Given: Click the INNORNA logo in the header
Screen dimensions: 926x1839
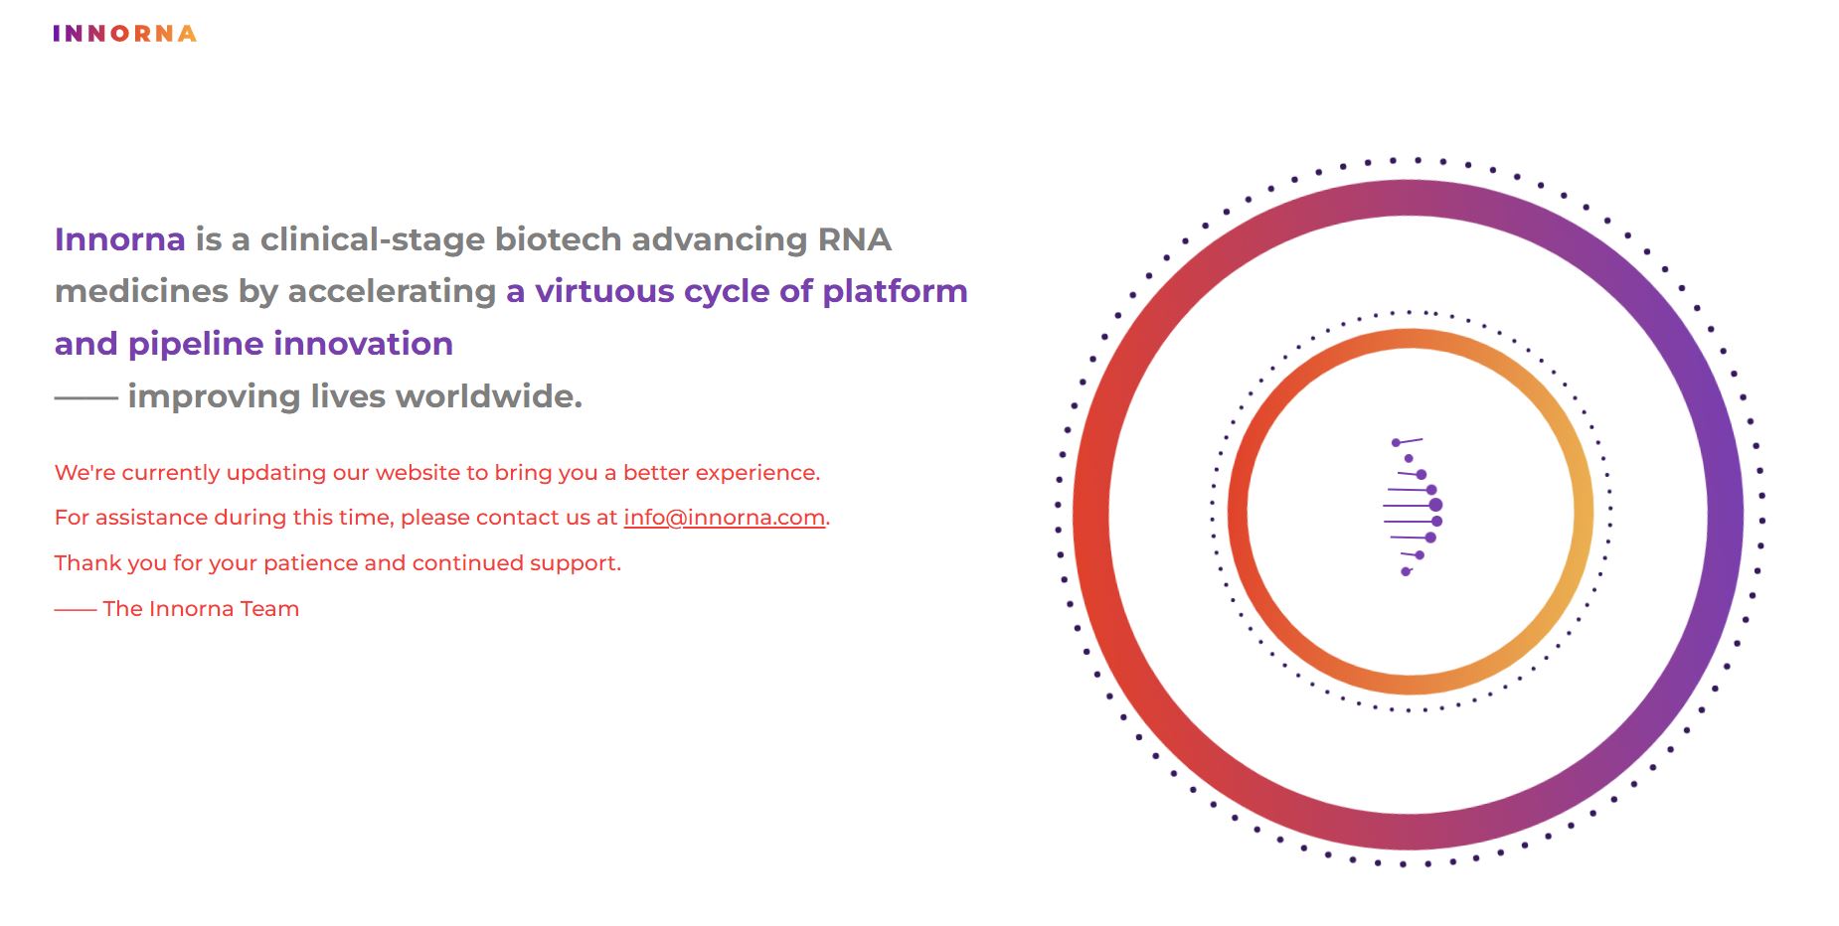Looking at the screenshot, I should [x=124, y=34].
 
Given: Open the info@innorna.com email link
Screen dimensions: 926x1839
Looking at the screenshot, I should [x=724, y=518].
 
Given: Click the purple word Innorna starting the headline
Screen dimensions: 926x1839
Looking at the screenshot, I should [x=119, y=239].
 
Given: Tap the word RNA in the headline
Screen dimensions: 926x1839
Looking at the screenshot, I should [x=854, y=239].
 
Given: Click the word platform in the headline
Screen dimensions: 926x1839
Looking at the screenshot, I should [x=895, y=291].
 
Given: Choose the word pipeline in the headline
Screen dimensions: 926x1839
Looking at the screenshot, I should [x=195, y=344].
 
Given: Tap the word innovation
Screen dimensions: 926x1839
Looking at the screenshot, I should [x=363, y=344].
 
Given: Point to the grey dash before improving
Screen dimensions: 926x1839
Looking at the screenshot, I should [x=85, y=397].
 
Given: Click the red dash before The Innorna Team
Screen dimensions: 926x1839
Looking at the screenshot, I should [x=75, y=610].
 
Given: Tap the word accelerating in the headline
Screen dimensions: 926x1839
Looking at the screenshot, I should [x=392, y=291].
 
